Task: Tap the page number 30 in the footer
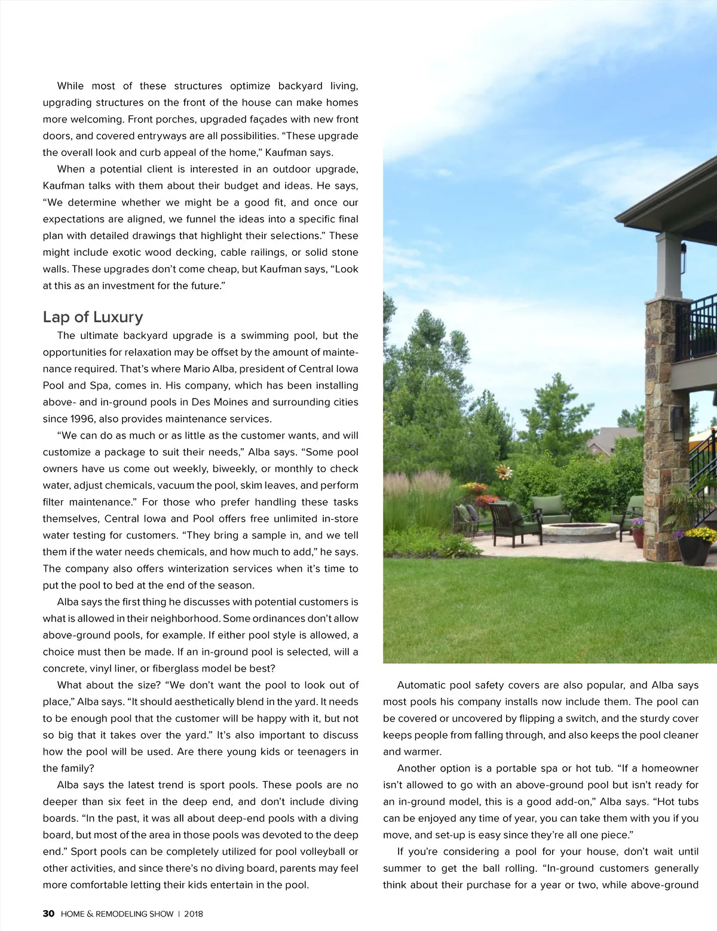[x=48, y=914]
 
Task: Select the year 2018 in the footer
[x=194, y=914]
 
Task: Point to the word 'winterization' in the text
[x=199, y=568]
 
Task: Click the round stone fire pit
[x=580, y=530]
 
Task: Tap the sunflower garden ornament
[x=504, y=473]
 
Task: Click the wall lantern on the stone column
[x=678, y=418]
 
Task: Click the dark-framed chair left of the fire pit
[x=508, y=521]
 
